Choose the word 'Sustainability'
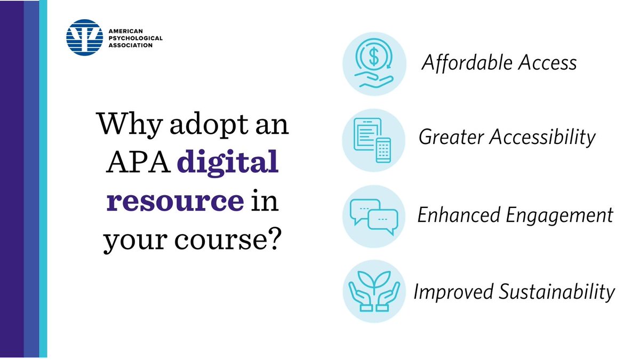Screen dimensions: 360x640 coord(558,292)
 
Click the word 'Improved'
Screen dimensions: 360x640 coord(454,292)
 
